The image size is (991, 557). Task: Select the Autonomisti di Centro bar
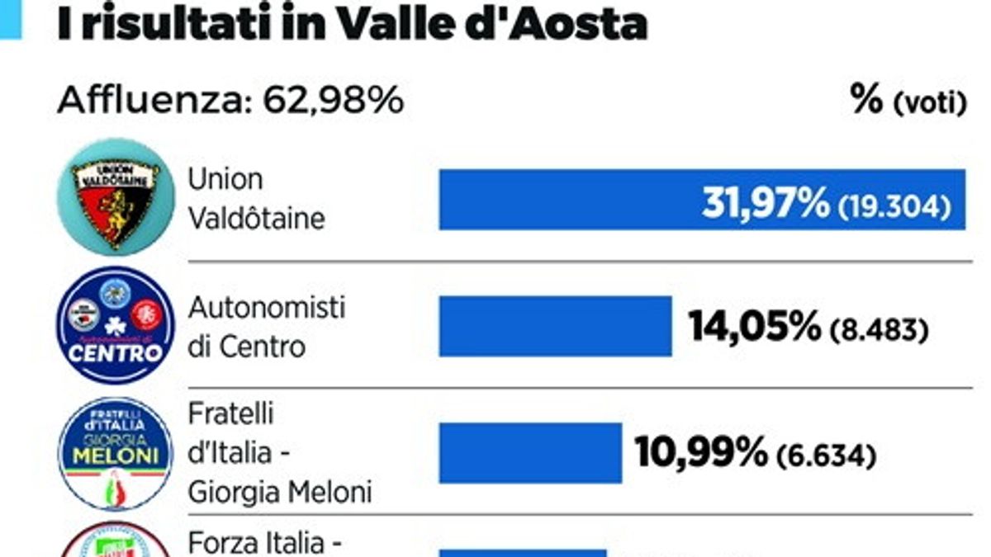555,326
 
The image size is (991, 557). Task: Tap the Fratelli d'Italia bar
529,453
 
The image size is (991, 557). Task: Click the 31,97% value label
765,203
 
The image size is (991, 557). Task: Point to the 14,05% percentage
752,329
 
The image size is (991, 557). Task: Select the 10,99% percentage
700,451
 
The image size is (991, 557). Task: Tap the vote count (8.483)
877,332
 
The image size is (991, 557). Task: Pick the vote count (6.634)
825,454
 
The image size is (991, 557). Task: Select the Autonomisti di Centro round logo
115,324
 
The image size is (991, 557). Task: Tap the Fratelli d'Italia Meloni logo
115,453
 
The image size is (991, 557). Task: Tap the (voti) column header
929,104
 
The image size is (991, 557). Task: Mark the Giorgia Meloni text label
279,493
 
